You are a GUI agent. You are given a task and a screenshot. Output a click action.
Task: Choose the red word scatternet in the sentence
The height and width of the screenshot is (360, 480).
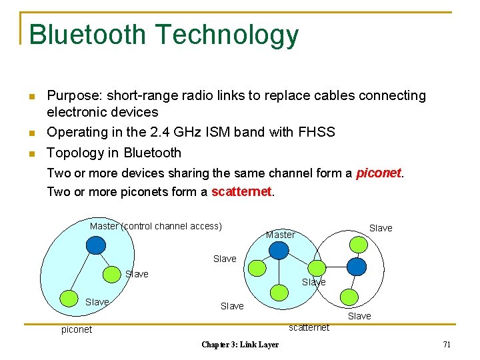point(241,192)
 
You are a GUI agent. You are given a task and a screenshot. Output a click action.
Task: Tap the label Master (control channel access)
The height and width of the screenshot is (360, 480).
point(155,226)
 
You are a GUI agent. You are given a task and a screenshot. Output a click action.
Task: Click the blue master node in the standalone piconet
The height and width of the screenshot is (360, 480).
point(97,245)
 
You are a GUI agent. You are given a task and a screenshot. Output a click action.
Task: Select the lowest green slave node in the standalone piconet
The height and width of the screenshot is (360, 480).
point(69,297)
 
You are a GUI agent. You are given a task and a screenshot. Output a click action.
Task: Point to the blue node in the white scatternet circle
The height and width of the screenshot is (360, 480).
point(357,267)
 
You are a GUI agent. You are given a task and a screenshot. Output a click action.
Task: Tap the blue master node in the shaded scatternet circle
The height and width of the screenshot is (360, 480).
point(278,250)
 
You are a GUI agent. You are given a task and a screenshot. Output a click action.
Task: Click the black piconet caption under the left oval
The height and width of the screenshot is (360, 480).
point(77,329)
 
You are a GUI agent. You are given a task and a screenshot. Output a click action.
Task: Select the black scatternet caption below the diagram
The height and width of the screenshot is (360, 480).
point(309,327)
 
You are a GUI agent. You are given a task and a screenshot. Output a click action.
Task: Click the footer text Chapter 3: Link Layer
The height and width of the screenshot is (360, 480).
point(240,344)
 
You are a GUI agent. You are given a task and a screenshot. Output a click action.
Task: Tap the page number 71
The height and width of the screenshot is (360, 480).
point(447,344)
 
